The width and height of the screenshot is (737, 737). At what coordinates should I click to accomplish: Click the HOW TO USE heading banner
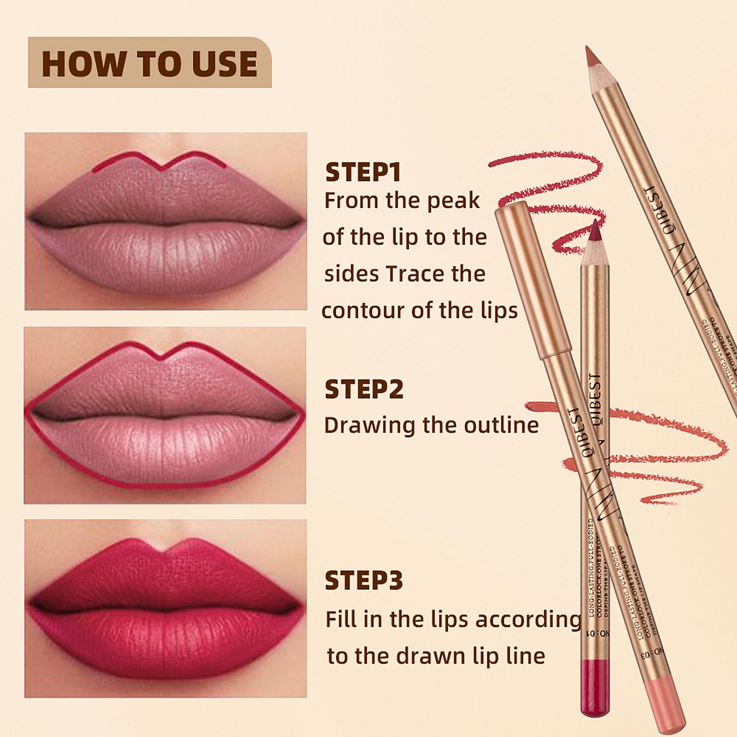tap(150, 63)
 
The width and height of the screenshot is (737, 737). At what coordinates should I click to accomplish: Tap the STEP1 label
tap(363, 172)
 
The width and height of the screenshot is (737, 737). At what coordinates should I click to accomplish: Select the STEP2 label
tap(363, 389)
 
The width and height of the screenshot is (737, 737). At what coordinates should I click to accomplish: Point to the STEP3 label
tap(363, 580)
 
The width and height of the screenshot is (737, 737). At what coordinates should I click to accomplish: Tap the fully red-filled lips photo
tap(165, 608)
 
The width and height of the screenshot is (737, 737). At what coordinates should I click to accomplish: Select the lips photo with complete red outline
tap(165, 415)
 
